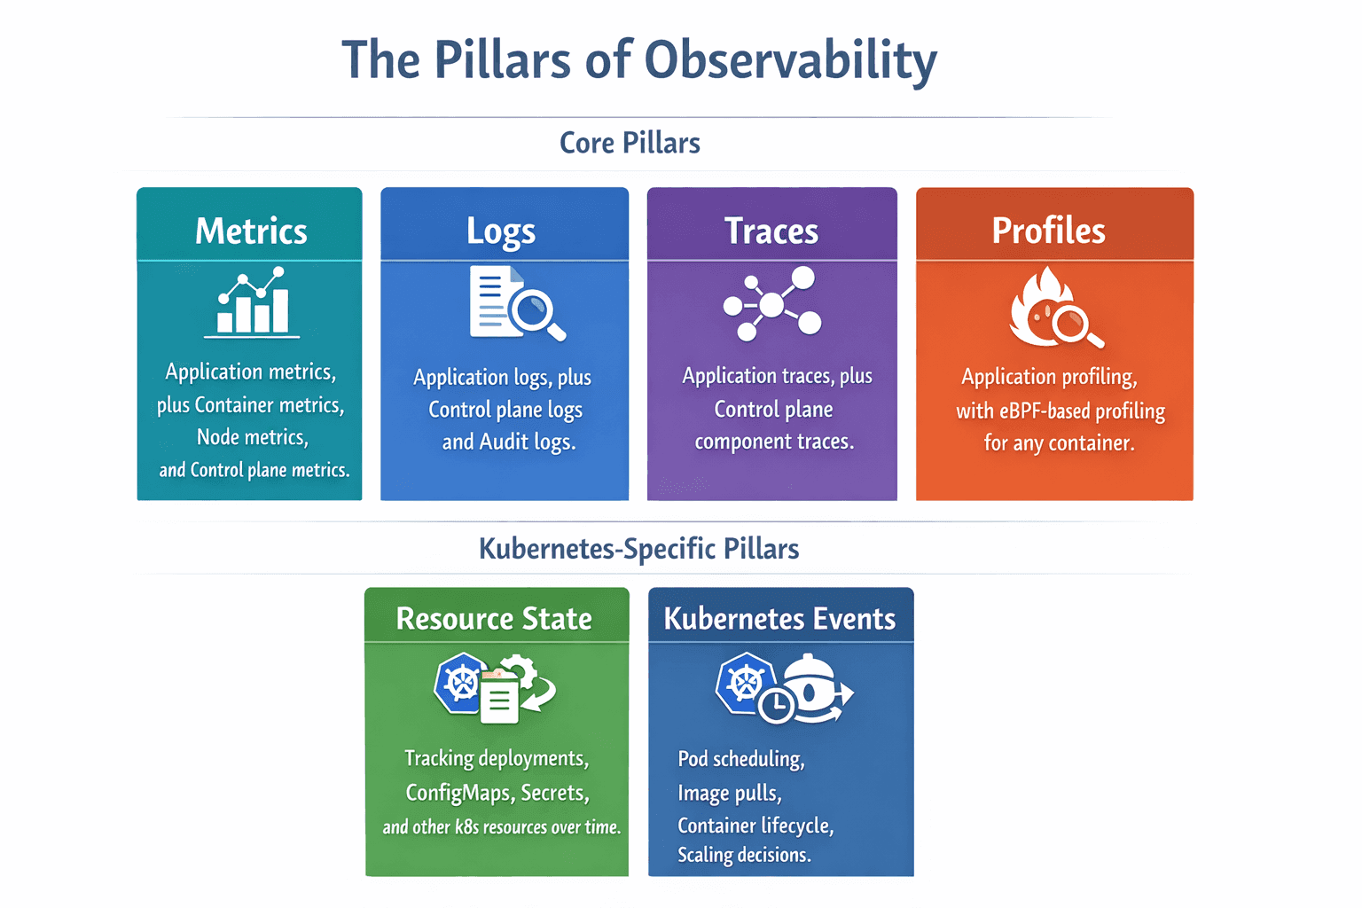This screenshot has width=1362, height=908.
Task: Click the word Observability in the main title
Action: pyautogui.click(x=790, y=60)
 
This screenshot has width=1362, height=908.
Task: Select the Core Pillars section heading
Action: pyautogui.click(x=630, y=143)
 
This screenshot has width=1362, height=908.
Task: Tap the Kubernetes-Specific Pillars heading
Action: pyautogui.click(x=638, y=549)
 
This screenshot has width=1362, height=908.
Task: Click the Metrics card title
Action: pyautogui.click(x=251, y=231)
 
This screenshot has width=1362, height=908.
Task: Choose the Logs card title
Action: pyautogui.click(x=501, y=231)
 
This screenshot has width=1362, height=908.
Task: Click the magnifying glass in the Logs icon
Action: pyautogui.click(x=535, y=313)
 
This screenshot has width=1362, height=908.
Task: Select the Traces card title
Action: pyautogui.click(x=771, y=231)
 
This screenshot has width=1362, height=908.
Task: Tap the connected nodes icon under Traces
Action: pyautogui.click(x=772, y=304)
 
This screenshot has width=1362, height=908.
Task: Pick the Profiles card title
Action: pyautogui.click(x=1048, y=231)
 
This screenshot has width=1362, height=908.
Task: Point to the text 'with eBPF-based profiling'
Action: pyautogui.click(x=1061, y=411)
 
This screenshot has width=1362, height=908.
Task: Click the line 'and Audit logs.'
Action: pyautogui.click(x=509, y=442)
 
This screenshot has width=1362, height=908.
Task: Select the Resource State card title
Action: pyautogui.click(x=494, y=619)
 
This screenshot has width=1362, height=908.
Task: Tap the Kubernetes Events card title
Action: pyautogui.click(x=779, y=619)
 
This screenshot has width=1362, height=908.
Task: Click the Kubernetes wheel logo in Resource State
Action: pyautogui.click(x=461, y=683)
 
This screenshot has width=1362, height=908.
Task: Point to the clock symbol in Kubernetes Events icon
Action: pyautogui.click(x=777, y=705)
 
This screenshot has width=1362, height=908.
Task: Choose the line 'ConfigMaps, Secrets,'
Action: pyautogui.click(x=497, y=793)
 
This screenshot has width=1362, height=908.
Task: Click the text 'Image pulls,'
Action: pyautogui.click(x=730, y=793)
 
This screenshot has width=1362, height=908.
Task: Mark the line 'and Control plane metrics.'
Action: pyautogui.click(x=254, y=470)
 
